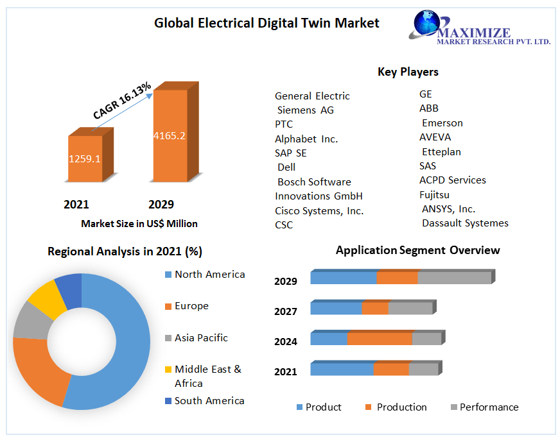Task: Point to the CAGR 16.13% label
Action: pyautogui.click(x=122, y=100)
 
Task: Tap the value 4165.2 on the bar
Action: pyautogui.click(x=170, y=135)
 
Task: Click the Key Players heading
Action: pyautogui.click(x=408, y=72)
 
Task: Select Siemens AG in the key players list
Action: pyautogui.click(x=305, y=110)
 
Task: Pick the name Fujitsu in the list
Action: pyautogui.click(x=434, y=194)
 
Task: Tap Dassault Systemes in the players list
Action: pyautogui.click(x=465, y=223)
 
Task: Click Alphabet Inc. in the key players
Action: pyautogui.click(x=306, y=139)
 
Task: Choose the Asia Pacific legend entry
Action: pyautogui.click(x=200, y=337)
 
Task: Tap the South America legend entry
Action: pyautogui.click(x=209, y=400)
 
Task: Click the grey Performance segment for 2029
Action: pyautogui.click(x=454, y=278)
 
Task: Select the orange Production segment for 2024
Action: pyautogui.click(x=380, y=339)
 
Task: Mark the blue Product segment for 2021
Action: pyautogui.click(x=342, y=369)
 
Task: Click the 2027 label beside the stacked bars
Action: pyautogui.click(x=286, y=311)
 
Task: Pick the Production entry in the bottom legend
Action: pyautogui.click(x=401, y=407)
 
